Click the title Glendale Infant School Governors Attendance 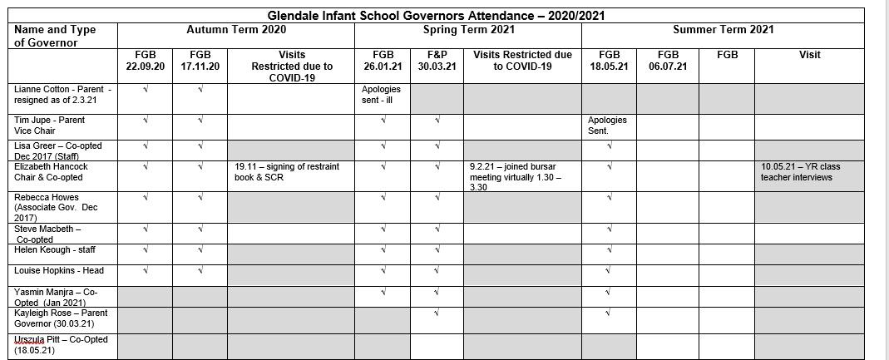[442, 16]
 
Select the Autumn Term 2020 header [235, 30]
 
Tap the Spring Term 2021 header [468, 30]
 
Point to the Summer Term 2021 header [723, 30]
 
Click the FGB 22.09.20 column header [145, 61]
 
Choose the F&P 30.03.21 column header [437, 61]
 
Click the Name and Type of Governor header [55, 36]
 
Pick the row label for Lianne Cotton [62, 94]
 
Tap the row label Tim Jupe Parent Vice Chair [50, 125]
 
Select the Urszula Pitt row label [61, 345]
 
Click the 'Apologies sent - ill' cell [381, 94]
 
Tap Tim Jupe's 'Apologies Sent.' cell [607, 125]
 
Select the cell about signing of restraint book [287, 171]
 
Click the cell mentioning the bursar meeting [515, 176]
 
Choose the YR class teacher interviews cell [800, 171]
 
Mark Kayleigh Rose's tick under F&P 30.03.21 [437, 313]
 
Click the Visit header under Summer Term [809, 55]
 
